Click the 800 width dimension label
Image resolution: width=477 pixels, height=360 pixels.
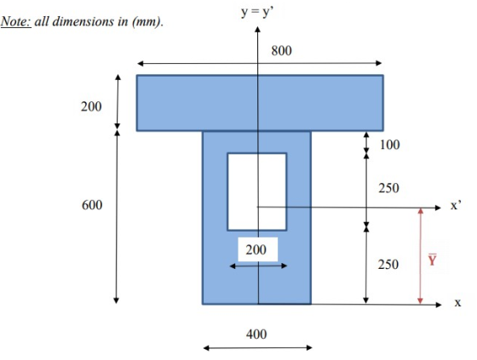pyautogui.click(x=281, y=50)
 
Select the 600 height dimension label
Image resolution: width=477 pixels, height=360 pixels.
pyautogui.click(x=92, y=205)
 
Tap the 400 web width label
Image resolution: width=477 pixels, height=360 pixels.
pyautogui.click(x=256, y=334)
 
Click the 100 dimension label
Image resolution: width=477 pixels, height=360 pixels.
pyautogui.click(x=390, y=145)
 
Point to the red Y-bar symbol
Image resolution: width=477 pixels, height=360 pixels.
pyautogui.click(x=433, y=260)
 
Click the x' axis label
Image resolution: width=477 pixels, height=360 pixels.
pyautogui.click(x=456, y=206)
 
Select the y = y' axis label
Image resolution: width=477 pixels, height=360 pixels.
pyautogui.click(x=257, y=12)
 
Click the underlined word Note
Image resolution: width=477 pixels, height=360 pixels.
pyautogui.click(x=16, y=21)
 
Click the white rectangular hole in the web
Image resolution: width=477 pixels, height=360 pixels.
pyautogui.click(x=257, y=191)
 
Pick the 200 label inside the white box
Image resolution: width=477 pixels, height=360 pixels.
pyautogui.click(x=256, y=249)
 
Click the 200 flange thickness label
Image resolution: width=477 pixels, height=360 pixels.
pyautogui.click(x=91, y=106)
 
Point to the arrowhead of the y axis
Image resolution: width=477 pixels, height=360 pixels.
pyautogui.click(x=257, y=29)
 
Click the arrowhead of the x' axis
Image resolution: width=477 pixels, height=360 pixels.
pyautogui.click(x=439, y=208)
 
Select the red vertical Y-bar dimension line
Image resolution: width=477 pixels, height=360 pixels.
pyautogui.click(x=421, y=256)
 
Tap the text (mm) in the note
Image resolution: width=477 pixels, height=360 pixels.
pyautogui.click(x=147, y=22)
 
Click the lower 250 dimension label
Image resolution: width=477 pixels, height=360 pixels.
pyautogui.click(x=388, y=264)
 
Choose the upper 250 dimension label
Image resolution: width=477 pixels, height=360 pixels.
pyautogui.click(x=388, y=188)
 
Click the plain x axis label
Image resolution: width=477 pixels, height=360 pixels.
pyautogui.click(x=457, y=303)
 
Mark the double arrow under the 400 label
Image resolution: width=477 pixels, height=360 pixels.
pyautogui.click(x=257, y=348)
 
